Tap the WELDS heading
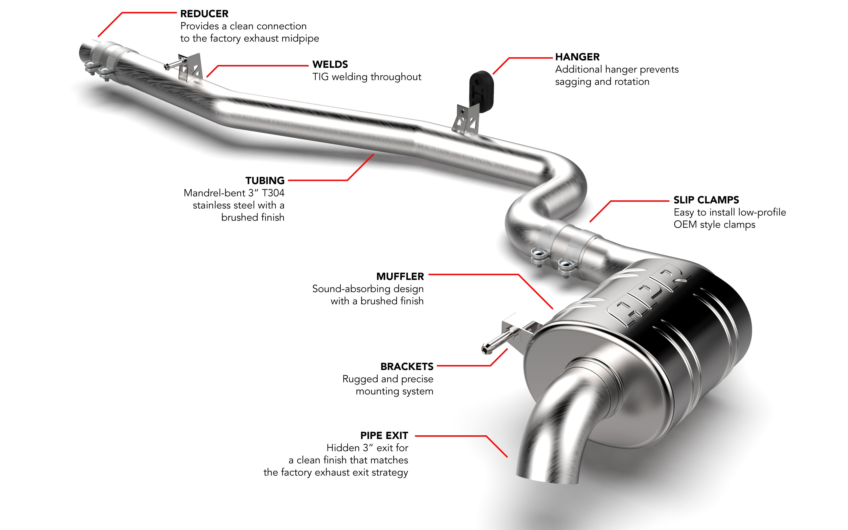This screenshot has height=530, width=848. [x=330, y=64]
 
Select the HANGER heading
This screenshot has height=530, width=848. [x=577, y=57]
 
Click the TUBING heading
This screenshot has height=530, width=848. [x=265, y=181]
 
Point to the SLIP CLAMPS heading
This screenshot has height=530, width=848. [x=706, y=200]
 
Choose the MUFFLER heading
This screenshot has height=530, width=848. [x=400, y=276]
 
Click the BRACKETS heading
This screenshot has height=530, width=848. [x=406, y=366]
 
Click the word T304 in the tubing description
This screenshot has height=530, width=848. [x=273, y=193]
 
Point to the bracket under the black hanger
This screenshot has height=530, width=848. [x=465, y=119]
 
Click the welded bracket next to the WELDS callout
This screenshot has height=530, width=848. [x=189, y=68]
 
